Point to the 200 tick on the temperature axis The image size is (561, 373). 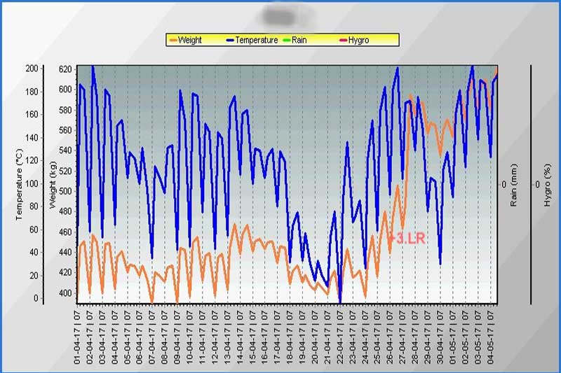[32, 69]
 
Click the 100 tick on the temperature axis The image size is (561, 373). [32, 183]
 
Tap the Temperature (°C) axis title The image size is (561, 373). [20, 184]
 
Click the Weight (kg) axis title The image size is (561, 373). [53, 184]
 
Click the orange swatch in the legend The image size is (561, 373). [173, 40]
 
